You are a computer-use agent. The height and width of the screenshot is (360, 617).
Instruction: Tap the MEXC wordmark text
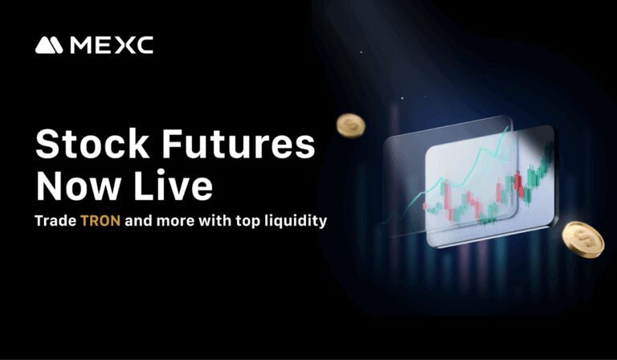click(112, 46)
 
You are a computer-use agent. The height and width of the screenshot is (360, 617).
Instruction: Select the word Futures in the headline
click(235, 145)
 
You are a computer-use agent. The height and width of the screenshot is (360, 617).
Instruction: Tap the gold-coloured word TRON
click(100, 220)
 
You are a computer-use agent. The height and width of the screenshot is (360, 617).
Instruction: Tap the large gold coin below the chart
click(582, 239)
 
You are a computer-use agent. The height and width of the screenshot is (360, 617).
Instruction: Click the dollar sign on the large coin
click(582, 238)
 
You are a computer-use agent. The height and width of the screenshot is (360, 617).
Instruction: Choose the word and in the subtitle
click(139, 220)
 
